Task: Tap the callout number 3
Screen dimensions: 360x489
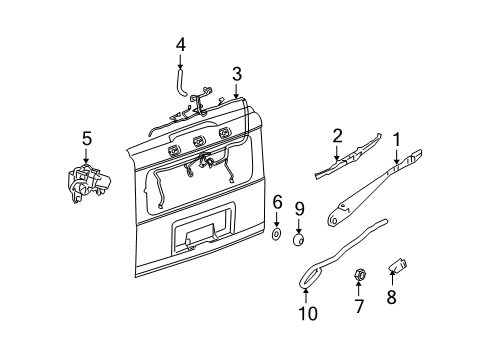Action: [237, 74]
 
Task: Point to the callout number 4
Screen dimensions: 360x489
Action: [181, 45]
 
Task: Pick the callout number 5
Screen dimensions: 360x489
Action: [86, 138]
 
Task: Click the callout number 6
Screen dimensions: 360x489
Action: [277, 204]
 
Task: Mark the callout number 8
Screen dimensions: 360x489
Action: [392, 297]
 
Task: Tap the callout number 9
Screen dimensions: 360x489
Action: [299, 209]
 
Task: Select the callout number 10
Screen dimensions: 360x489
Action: [310, 313]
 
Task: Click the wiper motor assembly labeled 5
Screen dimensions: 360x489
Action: [87, 183]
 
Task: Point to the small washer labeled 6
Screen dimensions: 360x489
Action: [276, 234]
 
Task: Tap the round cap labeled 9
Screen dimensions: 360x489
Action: [299, 239]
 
